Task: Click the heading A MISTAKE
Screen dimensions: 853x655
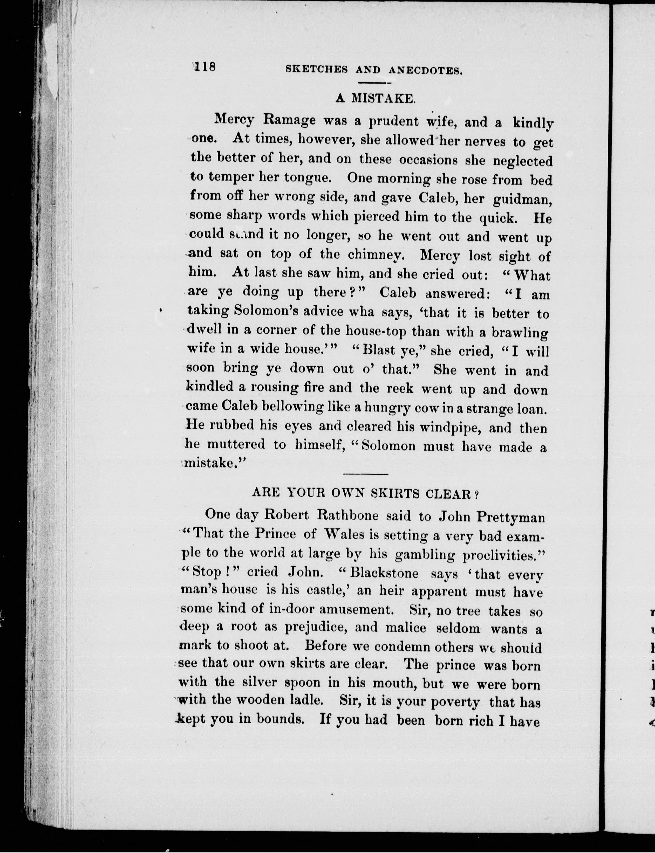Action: click(x=376, y=98)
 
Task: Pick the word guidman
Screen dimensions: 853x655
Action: click(x=522, y=200)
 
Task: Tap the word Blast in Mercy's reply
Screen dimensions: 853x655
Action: click(x=379, y=350)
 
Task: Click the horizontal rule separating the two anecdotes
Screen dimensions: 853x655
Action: click(x=365, y=474)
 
